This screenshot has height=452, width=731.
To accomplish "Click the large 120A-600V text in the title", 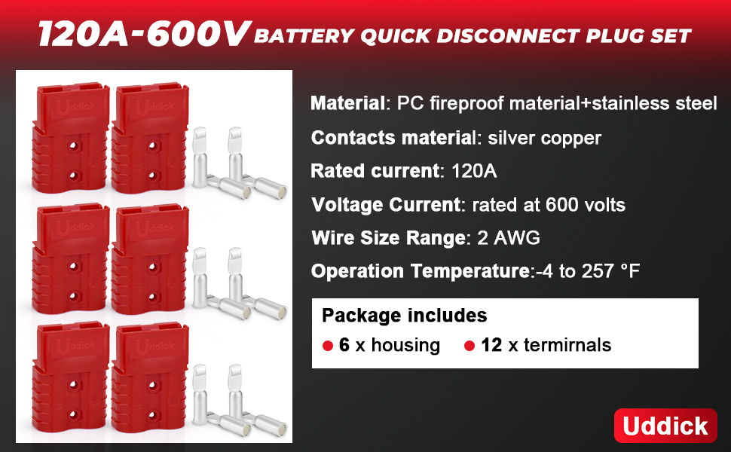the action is click(x=145, y=34).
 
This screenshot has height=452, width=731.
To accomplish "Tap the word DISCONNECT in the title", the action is click(x=506, y=36).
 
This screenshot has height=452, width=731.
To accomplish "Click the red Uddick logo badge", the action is click(x=665, y=426).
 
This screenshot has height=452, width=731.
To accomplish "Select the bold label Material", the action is click(x=347, y=103).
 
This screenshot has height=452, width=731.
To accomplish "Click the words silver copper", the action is click(x=545, y=138).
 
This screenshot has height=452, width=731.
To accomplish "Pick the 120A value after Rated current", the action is click(x=474, y=171).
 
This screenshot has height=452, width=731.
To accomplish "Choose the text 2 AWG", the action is click(x=509, y=237).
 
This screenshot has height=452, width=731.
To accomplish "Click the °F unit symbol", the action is click(x=630, y=270).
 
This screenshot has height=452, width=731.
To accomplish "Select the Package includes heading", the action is click(x=404, y=316).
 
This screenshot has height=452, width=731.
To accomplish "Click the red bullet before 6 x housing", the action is click(x=328, y=346).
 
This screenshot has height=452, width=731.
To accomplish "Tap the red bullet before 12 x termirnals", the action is click(x=469, y=346).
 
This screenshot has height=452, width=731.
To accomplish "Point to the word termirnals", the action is click(x=567, y=345).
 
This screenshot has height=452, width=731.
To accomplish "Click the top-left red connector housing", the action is click(x=71, y=138).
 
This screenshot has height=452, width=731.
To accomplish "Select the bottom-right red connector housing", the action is click(x=150, y=378).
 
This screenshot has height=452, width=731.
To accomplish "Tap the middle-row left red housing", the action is click(x=71, y=259).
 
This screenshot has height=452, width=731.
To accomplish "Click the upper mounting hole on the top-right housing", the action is click(x=152, y=146).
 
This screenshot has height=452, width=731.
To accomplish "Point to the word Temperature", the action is click(x=471, y=271).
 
